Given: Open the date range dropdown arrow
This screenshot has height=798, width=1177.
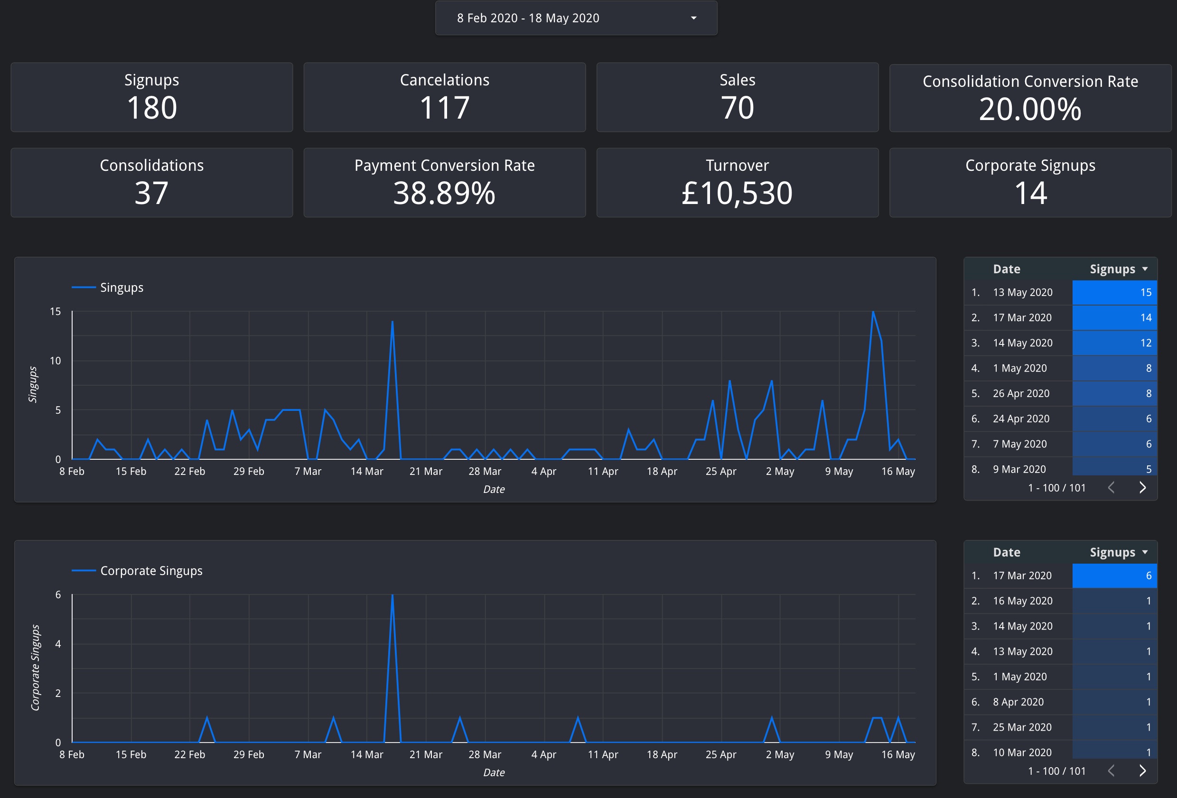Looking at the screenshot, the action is coord(693,18).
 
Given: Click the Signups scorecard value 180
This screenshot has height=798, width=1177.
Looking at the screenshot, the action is coord(152,107).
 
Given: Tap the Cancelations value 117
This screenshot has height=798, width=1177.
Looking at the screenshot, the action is coord(445,107).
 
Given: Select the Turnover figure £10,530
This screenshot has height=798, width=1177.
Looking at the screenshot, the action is coord(738,193).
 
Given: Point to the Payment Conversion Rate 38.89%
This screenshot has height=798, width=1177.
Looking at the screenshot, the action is coord(445,193).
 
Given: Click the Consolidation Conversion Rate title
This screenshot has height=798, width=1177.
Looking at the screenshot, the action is coord(1030,81).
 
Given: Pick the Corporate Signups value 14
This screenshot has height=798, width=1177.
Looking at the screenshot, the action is coord(1030,193).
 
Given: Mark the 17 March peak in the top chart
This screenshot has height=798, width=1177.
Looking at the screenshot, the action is coord(392,321).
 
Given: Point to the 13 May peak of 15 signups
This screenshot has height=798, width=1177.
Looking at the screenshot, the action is coord(873,311).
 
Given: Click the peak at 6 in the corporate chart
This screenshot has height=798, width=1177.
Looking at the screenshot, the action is coord(392,594).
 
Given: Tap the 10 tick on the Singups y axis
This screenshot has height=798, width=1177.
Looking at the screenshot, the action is coord(55,361).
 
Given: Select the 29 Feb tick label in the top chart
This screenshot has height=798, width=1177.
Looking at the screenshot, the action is coord(249,472).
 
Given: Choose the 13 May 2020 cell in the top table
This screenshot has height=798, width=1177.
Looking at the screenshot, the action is coord(1023,292).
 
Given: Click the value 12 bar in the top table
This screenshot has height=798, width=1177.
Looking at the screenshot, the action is coord(1115,343).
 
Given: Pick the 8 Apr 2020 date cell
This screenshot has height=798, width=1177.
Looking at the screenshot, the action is coord(1018,702).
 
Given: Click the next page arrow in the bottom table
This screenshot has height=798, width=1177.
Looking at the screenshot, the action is coord(1142,770).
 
